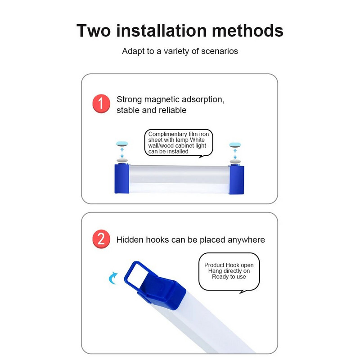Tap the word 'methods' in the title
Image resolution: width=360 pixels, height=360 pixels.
[247, 31]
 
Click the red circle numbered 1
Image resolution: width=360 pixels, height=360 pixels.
[101, 104]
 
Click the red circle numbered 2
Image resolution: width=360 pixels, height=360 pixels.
[101, 239]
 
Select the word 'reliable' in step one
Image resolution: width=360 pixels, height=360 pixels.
[171, 110]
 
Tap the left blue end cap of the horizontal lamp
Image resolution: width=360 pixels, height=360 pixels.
[121, 179]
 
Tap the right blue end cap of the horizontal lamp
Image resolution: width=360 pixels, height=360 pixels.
[237, 179]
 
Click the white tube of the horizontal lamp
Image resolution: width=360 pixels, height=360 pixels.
[179, 179]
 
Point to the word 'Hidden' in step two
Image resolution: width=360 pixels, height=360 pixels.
[130, 240]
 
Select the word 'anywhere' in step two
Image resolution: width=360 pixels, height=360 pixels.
[245, 240]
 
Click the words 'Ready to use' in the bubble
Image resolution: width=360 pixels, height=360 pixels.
[229, 277]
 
